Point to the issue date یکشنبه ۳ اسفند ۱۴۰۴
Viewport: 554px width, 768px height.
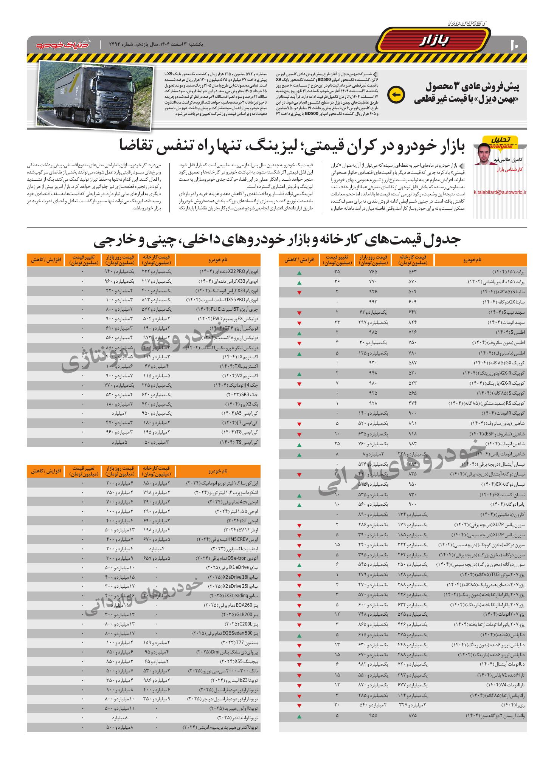178,44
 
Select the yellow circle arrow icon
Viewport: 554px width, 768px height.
397,94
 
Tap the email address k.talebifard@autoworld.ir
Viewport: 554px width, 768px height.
500,192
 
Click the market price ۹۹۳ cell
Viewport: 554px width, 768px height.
373,302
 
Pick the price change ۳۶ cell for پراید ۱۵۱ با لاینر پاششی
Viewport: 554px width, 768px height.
337,282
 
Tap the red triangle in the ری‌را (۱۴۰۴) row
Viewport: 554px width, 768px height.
299,706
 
